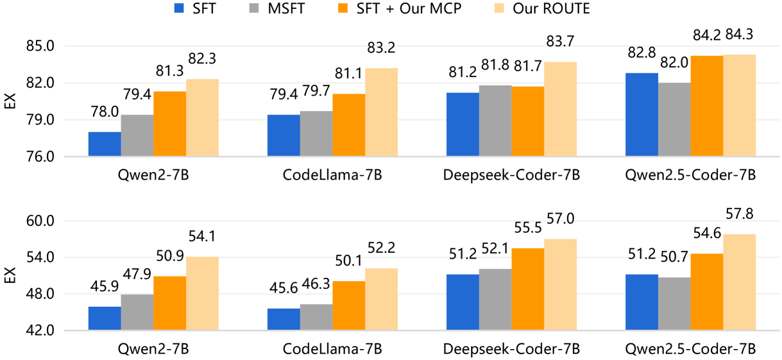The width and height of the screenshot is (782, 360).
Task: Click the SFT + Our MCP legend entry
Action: (x=424, y=9)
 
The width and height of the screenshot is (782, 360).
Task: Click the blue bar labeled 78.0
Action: (x=105, y=144)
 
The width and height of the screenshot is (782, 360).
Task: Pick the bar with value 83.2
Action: (x=381, y=112)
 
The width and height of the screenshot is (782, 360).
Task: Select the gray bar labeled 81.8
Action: (x=495, y=121)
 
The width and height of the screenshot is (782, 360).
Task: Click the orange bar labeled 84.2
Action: (x=707, y=106)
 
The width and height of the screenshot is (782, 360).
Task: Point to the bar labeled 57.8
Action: (x=739, y=282)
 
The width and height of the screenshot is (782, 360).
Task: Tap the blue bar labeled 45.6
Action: (x=284, y=320)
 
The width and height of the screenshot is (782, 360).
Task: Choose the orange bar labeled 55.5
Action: (x=528, y=289)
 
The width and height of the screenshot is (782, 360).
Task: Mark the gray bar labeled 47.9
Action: (x=137, y=313)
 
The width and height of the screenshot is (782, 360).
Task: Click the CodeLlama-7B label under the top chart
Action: (x=332, y=175)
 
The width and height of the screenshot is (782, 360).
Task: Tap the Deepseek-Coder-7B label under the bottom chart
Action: (x=511, y=349)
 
